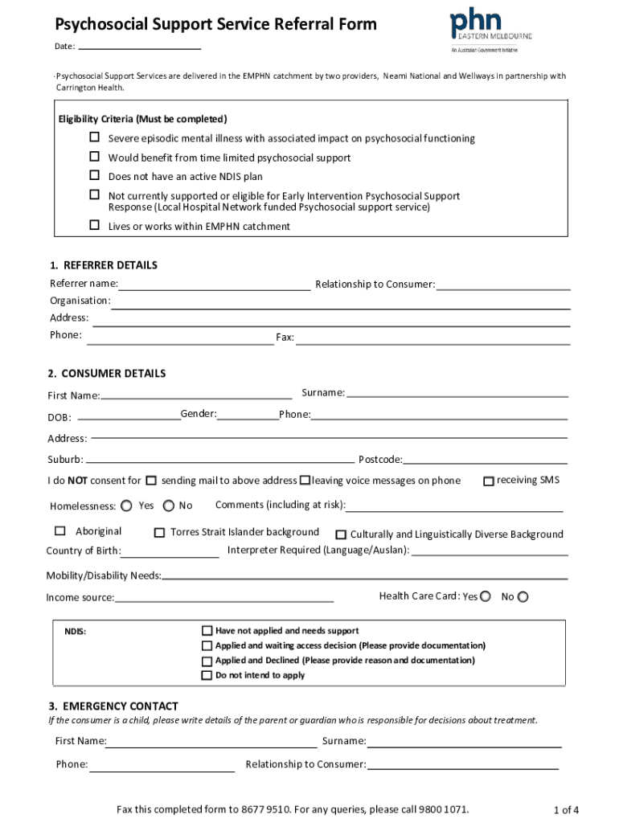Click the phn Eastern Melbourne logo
coord(490,29)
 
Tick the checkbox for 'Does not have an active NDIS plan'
coord(94,176)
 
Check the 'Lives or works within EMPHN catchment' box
coord(94,226)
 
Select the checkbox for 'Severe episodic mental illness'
coord(94,137)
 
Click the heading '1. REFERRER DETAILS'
coord(104,265)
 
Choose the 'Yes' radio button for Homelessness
coord(128,506)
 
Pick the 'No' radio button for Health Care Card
coord(523,596)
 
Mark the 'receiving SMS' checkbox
coord(488,481)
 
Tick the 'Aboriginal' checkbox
coord(60,531)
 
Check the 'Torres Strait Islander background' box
coord(159,532)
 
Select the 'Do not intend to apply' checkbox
coord(207,675)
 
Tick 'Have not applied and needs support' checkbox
coord(207,631)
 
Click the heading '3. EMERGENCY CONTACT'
coord(113,706)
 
